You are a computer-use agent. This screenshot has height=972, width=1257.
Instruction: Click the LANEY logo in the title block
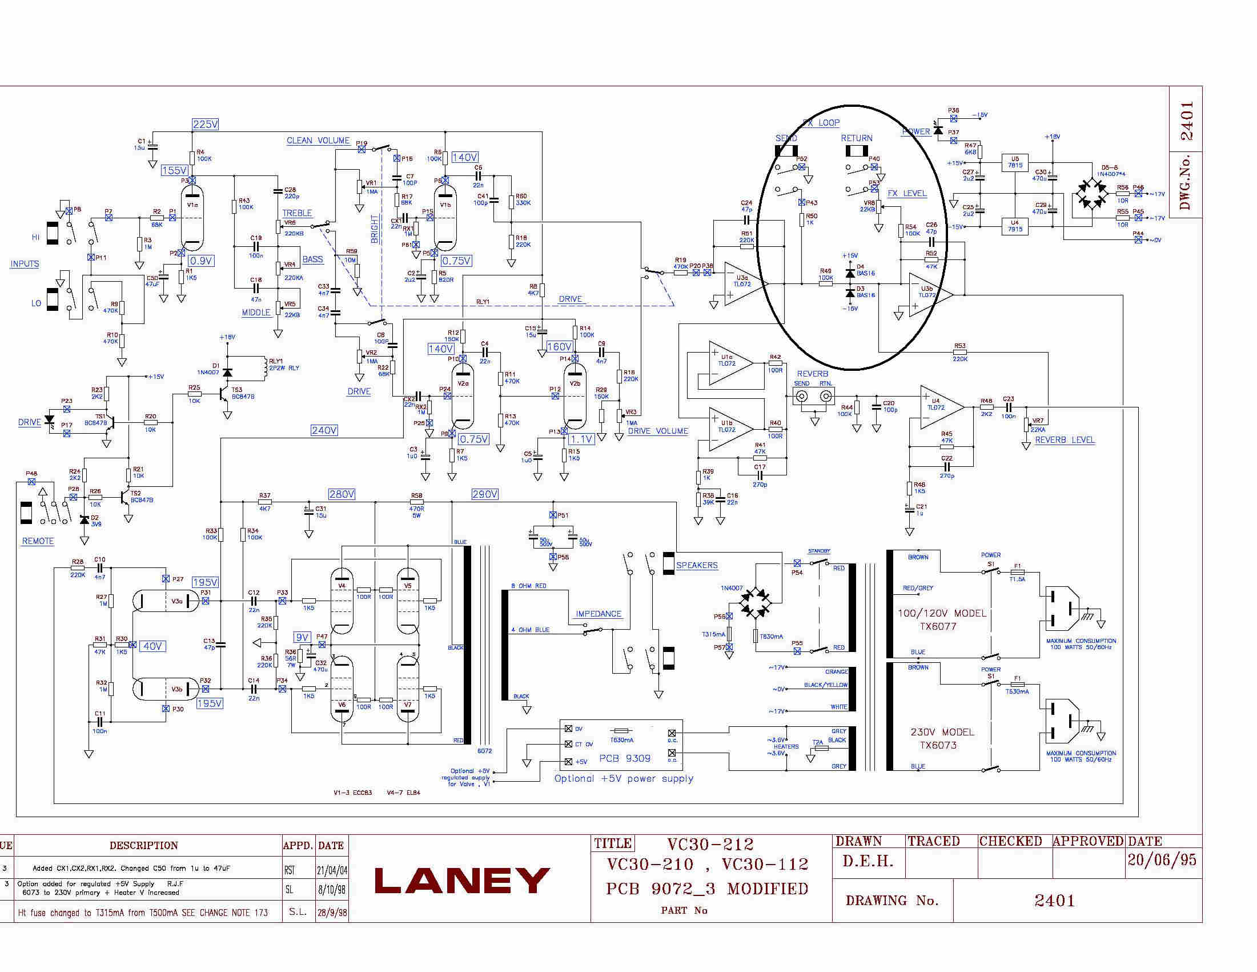[x=461, y=880]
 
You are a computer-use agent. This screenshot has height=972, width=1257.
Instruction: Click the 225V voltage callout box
[x=205, y=125]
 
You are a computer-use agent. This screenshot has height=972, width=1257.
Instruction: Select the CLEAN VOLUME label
[x=318, y=141]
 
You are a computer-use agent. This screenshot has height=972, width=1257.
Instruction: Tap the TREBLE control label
[x=297, y=213]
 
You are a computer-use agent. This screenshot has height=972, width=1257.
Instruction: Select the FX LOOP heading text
[x=821, y=123]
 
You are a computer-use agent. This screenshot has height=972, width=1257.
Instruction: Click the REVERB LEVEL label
[x=1064, y=440]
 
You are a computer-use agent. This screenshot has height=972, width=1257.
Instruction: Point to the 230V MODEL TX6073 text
[x=942, y=738]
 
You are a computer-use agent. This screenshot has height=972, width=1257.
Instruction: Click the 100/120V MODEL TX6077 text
[x=942, y=619]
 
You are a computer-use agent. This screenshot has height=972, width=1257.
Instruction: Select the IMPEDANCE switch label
[x=599, y=614]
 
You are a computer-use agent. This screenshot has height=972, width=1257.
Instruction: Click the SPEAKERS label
[x=696, y=565]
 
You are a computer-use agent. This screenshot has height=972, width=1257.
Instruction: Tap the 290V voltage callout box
[x=485, y=494]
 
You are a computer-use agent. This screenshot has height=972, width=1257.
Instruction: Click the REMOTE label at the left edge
[x=38, y=541]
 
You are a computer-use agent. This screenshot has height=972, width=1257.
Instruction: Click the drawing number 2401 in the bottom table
[x=1054, y=901]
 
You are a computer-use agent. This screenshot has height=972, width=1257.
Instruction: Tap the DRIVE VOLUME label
[x=658, y=431]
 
